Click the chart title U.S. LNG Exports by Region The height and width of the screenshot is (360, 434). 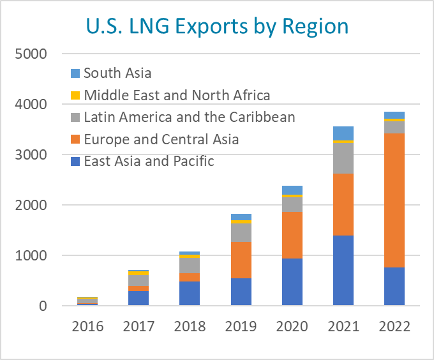[217, 26]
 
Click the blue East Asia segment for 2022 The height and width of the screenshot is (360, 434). [394, 286]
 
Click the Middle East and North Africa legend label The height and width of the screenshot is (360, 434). [177, 96]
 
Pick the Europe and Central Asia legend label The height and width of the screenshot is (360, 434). [161, 139]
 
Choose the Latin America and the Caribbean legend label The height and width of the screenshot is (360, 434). [190, 117]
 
